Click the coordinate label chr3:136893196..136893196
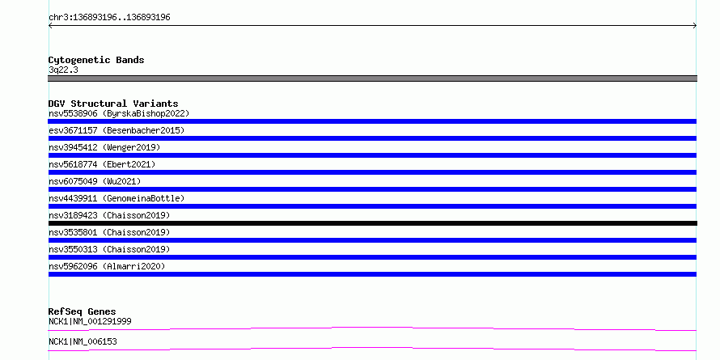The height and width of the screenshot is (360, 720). pyautogui.click(x=109, y=18)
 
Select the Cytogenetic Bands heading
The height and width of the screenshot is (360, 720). pyautogui.click(x=96, y=60)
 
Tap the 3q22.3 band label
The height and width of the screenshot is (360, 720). pyautogui.click(x=63, y=70)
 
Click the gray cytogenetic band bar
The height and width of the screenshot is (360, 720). pyautogui.click(x=372, y=78)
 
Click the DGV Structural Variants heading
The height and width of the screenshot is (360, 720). pyautogui.click(x=113, y=104)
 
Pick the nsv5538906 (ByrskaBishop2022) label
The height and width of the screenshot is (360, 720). pyautogui.click(x=119, y=113)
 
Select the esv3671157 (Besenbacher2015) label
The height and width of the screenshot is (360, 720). pyautogui.click(x=116, y=130)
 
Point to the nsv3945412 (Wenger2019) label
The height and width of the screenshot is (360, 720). pyautogui.click(x=104, y=147)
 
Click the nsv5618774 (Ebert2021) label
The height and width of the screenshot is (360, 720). pyautogui.click(x=102, y=164)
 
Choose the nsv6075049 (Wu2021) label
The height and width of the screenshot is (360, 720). pyautogui.click(x=95, y=181)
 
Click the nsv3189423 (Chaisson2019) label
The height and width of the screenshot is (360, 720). pyautogui.click(x=109, y=215)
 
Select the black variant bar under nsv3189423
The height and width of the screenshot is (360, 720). pyautogui.click(x=372, y=223)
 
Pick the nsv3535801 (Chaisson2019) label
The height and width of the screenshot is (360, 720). pyautogui.click(x=109, y=232)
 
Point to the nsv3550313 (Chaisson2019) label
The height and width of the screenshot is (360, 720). pyautogui.click(x=109, y=249)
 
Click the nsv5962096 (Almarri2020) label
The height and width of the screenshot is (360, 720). pyautogui.click(x=107, y=266)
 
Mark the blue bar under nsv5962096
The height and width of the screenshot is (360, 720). pyautogui.click(x=372, y=274)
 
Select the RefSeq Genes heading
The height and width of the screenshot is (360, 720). pyautogui.click(x=83, y=311)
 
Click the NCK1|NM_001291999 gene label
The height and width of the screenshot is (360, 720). pyautogui.click(x=90, y=321)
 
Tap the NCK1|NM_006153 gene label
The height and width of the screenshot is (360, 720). pyautogui.click(x=83, y=341)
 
